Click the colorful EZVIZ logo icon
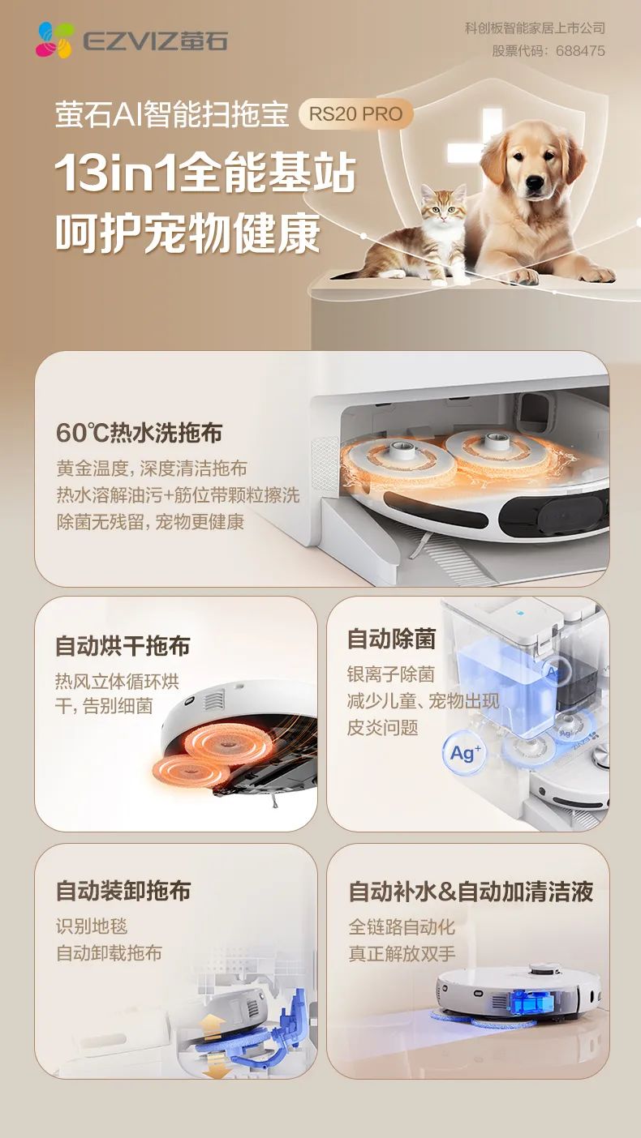[x=55, y=40]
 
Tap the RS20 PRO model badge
[x=355, y=113]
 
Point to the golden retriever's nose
[x=535, y=182]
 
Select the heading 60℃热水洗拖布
[x=139, y=433]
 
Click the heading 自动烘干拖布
[x=123, y=646]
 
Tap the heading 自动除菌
[x=391, y=639]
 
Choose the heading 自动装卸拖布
[x=123, y=891]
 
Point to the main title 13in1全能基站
[x=205, y=173]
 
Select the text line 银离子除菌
[x=391, y=674]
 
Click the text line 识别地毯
[x=92, y=926]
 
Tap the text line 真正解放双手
[x=402, y=953]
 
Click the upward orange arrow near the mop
[x=213, y=1022]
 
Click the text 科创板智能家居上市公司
[x=536, y=28]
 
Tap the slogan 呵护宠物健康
[x=188, y=233]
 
